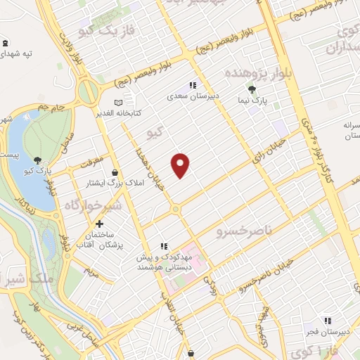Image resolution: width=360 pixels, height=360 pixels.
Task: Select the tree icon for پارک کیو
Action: (37, 161)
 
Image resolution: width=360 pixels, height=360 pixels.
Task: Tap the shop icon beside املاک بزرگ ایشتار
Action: (115, 172)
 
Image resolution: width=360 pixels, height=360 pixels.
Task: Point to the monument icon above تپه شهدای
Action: (6, 42)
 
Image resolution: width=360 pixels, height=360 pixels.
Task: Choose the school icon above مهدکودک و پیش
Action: (164, 247)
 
